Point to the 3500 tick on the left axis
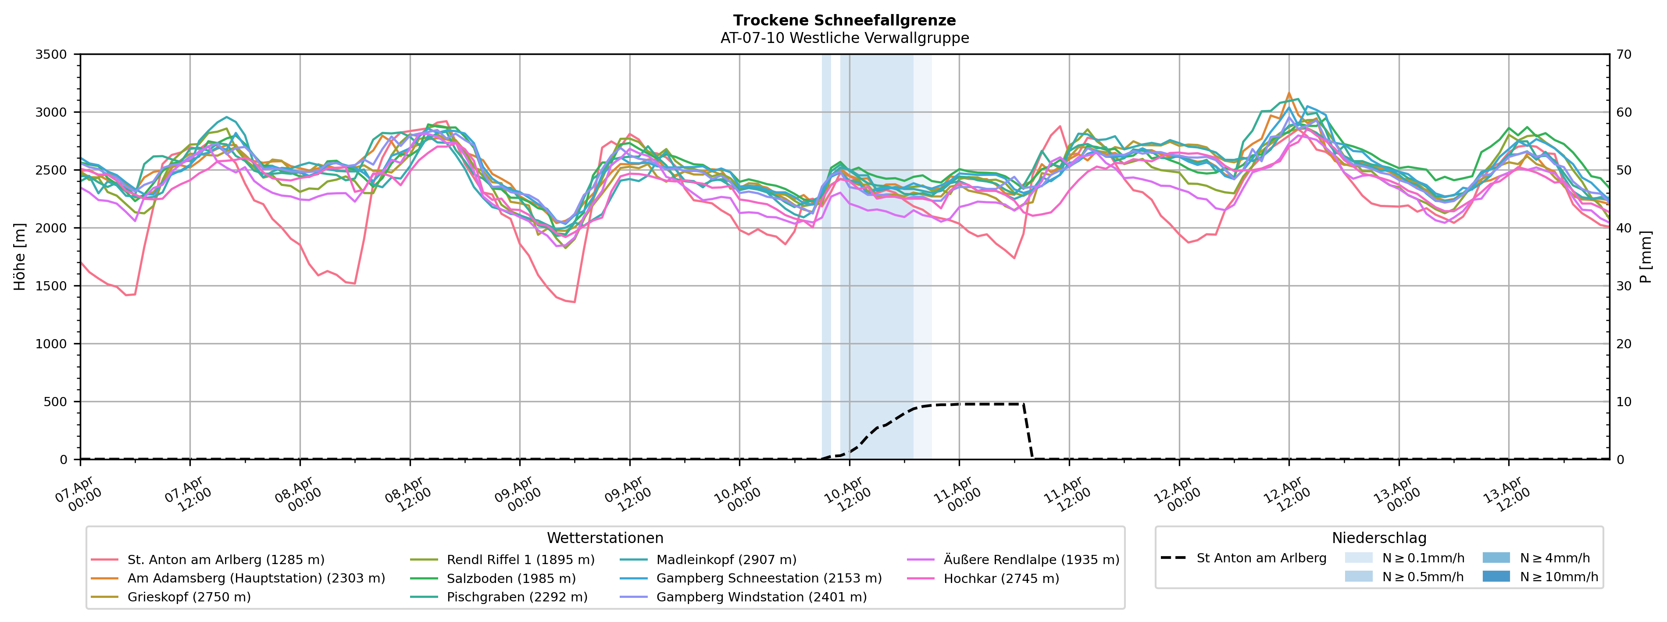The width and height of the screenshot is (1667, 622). (51, 54)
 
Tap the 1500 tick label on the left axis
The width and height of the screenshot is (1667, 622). (51, 286)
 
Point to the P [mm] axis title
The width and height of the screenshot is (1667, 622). (1646, 257)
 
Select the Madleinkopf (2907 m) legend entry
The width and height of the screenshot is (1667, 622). (726, 560)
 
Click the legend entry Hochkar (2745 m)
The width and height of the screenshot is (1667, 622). (1001, 579)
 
